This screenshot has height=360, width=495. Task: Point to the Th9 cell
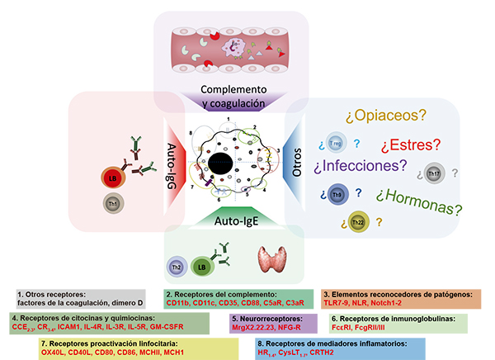tap(337, 195)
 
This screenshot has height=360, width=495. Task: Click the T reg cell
tap(334, 143)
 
